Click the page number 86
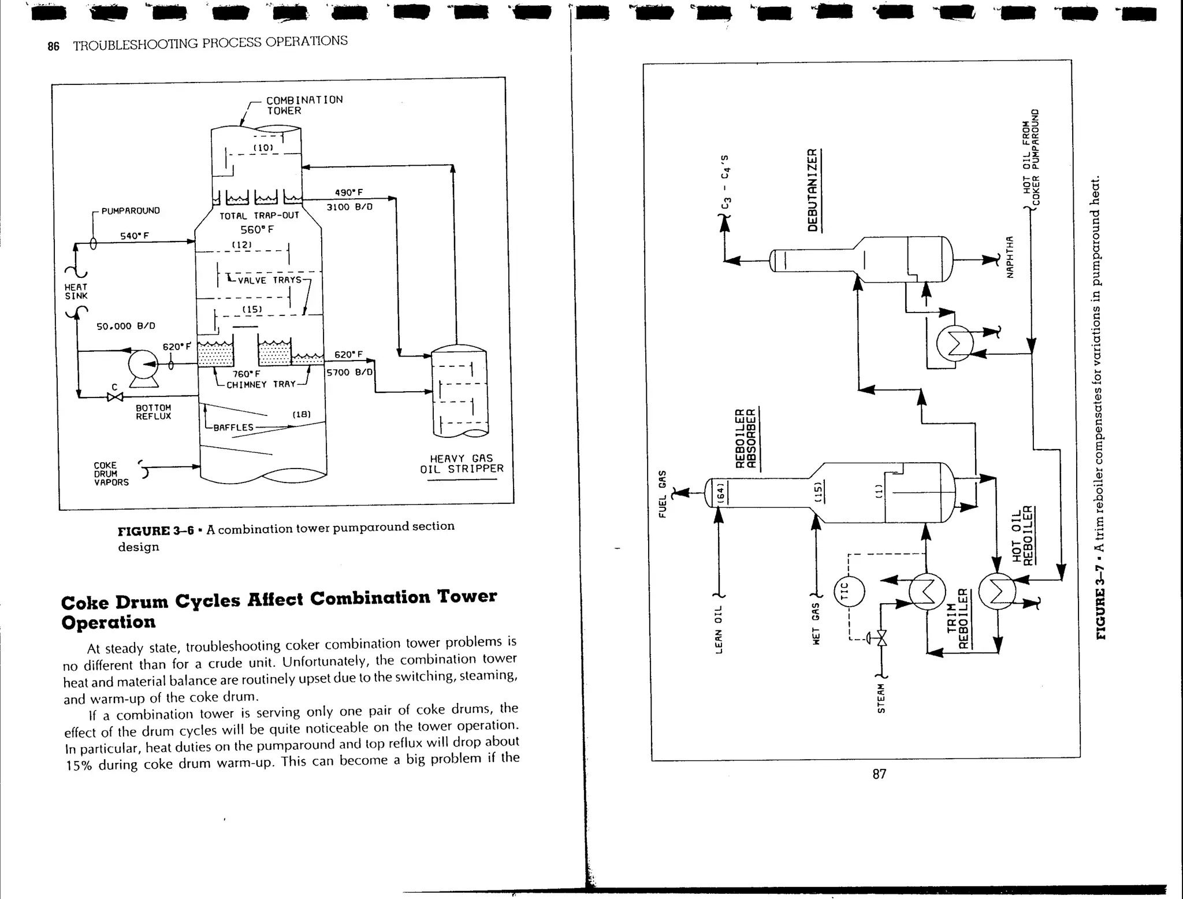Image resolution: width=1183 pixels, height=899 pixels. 53,47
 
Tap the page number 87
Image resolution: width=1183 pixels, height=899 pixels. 879,774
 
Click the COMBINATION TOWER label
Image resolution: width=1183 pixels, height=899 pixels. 304,105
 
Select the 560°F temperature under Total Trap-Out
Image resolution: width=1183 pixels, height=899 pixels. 257,229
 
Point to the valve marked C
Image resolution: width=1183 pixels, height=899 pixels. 115,397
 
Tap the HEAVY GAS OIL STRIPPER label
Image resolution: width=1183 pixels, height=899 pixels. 462,463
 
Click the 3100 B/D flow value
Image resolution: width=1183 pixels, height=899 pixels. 349,207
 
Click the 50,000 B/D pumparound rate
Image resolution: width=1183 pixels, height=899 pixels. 125,326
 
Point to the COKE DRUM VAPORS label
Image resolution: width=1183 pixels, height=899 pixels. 111,474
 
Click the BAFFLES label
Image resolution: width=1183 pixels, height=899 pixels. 233,428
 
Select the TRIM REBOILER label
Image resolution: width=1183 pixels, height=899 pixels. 959,619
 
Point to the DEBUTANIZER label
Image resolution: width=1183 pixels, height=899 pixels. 813,190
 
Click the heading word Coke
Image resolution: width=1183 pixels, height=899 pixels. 85,602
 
